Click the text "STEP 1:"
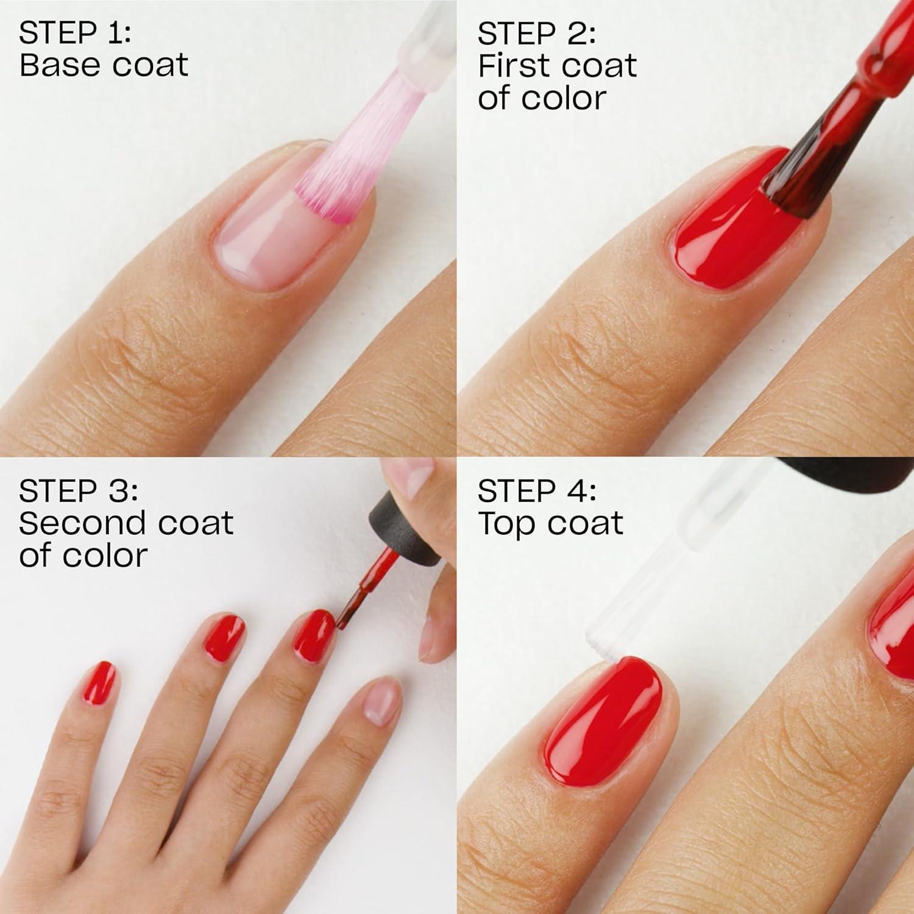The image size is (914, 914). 74,34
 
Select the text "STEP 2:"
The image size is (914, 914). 536,34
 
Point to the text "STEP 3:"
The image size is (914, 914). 78,491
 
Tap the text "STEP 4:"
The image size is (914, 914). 536,491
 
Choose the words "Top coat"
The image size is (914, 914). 550,523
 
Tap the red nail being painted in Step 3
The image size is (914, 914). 314,634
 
